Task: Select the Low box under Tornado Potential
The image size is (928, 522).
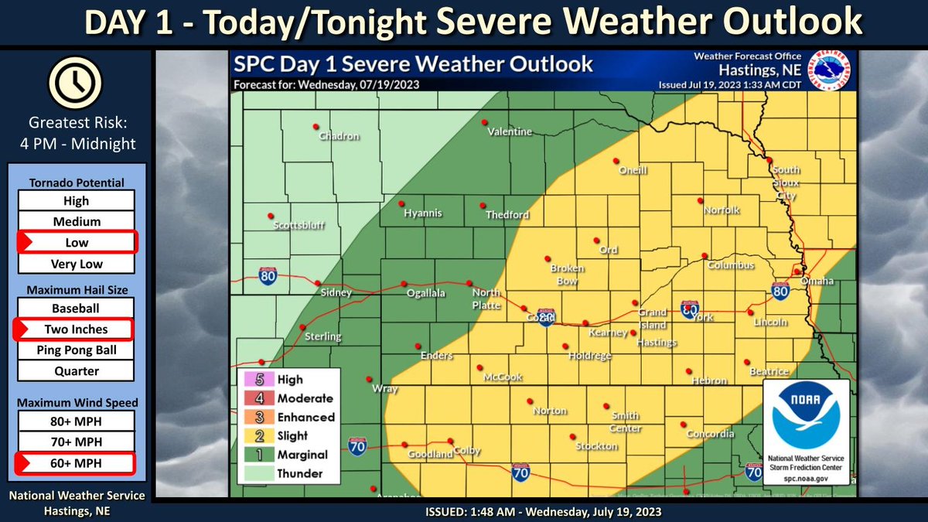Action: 77,242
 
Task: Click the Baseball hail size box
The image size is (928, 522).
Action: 77,308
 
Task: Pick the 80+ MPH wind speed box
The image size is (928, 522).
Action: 77,421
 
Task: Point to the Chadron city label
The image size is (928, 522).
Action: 340,137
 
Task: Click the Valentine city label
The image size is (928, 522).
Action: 510,132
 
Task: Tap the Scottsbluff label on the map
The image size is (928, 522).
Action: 299,226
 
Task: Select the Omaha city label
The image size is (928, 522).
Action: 817,281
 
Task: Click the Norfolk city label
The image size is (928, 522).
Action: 722,210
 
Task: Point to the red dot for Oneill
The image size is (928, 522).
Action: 616,161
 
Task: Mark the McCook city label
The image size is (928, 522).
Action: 503,377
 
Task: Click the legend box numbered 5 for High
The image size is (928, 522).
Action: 250,380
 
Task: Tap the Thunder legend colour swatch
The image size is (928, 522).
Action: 250,473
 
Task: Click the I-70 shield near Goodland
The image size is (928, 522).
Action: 357,447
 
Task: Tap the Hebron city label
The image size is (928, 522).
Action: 709,380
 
